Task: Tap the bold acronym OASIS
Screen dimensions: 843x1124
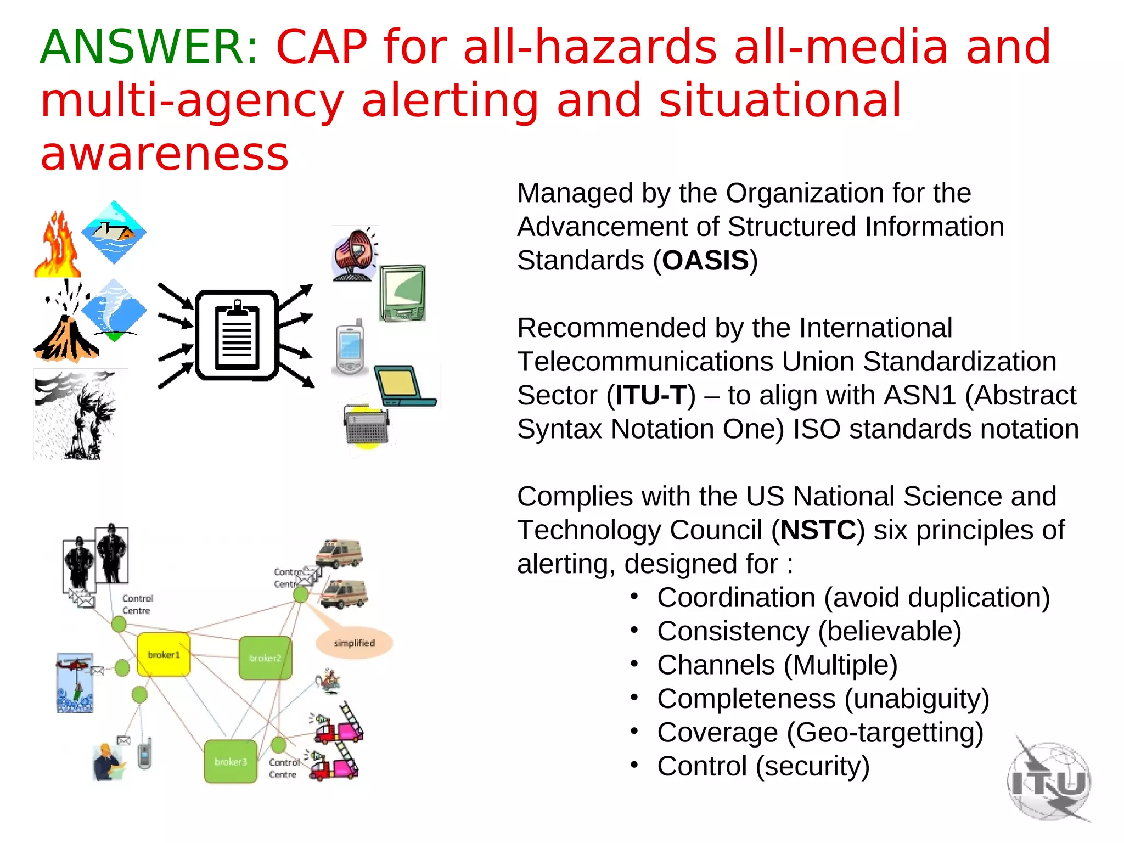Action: pos(705,261)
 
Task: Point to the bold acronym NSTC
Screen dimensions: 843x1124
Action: pos(818,530)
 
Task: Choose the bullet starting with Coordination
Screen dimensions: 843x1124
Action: pos(853,598)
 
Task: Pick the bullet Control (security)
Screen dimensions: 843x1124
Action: pos(763,766)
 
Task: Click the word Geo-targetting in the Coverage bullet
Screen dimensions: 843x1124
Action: pos(884,733)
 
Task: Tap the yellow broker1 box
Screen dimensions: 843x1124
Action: pos(164,654)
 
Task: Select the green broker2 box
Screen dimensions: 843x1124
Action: pos(265,657)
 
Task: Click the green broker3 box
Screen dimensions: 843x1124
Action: pos(231,761)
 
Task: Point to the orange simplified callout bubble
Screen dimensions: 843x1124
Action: pos(355,642)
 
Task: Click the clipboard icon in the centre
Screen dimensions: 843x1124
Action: pos(237,335)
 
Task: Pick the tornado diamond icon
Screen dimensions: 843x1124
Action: pos(114,310)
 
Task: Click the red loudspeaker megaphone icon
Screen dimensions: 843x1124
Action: pos(354,254)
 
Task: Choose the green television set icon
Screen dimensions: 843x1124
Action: pos(402,293)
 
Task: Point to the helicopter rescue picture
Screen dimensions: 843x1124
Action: pos(75,683)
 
